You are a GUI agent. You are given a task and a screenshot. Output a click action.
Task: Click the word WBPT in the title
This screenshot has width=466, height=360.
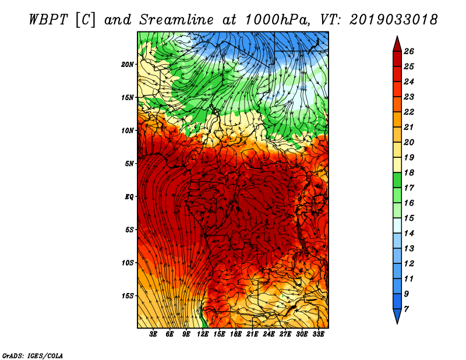pyautogui.click(x=49, y=20)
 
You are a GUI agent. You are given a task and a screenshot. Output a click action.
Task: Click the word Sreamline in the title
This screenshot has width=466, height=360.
pyautogui.click(x=176, y=20)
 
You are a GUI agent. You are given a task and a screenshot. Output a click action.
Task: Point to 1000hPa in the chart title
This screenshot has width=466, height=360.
pyautogui.click(x=278, y=20)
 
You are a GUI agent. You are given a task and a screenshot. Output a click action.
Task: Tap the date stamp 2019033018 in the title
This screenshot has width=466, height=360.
pyautogui.click(x=394, y=20)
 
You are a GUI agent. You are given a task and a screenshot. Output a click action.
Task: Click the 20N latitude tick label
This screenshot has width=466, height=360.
pyautogui.click(x=128, y=64)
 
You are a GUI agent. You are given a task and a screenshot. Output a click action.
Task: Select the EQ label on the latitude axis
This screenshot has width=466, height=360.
pyautogui.click(x=129, y=197)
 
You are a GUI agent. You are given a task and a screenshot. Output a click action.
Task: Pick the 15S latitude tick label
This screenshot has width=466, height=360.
pyautogui.click(x=128, y=296)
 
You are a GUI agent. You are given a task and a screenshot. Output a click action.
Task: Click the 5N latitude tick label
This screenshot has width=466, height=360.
pyautogui.click(x=129, y=164)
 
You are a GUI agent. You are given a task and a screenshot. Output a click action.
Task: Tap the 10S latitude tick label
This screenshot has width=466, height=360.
pyautogui.click(x=128, y=263)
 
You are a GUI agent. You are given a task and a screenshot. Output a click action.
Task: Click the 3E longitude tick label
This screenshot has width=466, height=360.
pyautogui.click(x=153, y=334)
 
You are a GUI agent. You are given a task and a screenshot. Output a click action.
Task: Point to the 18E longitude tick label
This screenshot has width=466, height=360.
pyautogui.click(x=236, y=334)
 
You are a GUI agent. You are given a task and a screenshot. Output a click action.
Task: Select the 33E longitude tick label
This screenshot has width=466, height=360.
pyautogui.click(x=318, y=334)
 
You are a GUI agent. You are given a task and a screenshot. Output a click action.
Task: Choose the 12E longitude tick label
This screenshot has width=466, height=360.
pyautogui.click(x=203, y=334)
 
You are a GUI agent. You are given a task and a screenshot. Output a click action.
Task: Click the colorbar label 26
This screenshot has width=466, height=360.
pyautogui.click(x=409, y=51)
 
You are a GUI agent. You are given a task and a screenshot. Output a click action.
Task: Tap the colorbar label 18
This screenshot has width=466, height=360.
pyautogui.click(x=409, y=172)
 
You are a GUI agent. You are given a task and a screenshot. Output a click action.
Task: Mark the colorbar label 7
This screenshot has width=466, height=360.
pyautogui.click(x=406, y=309)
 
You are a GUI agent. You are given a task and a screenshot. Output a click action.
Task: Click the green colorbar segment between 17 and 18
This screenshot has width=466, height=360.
pyautogui.click(x=397, y=180)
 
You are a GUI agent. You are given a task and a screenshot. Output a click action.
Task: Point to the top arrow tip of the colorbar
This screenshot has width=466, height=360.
pyautogui.click(x=397, y=36)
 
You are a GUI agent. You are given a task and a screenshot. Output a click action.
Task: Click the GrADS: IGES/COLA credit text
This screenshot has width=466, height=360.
pyautogui.click(x=33, y=356)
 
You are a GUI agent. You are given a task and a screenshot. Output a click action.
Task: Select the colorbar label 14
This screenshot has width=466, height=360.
pyautogui.click(x=409, y=234)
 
